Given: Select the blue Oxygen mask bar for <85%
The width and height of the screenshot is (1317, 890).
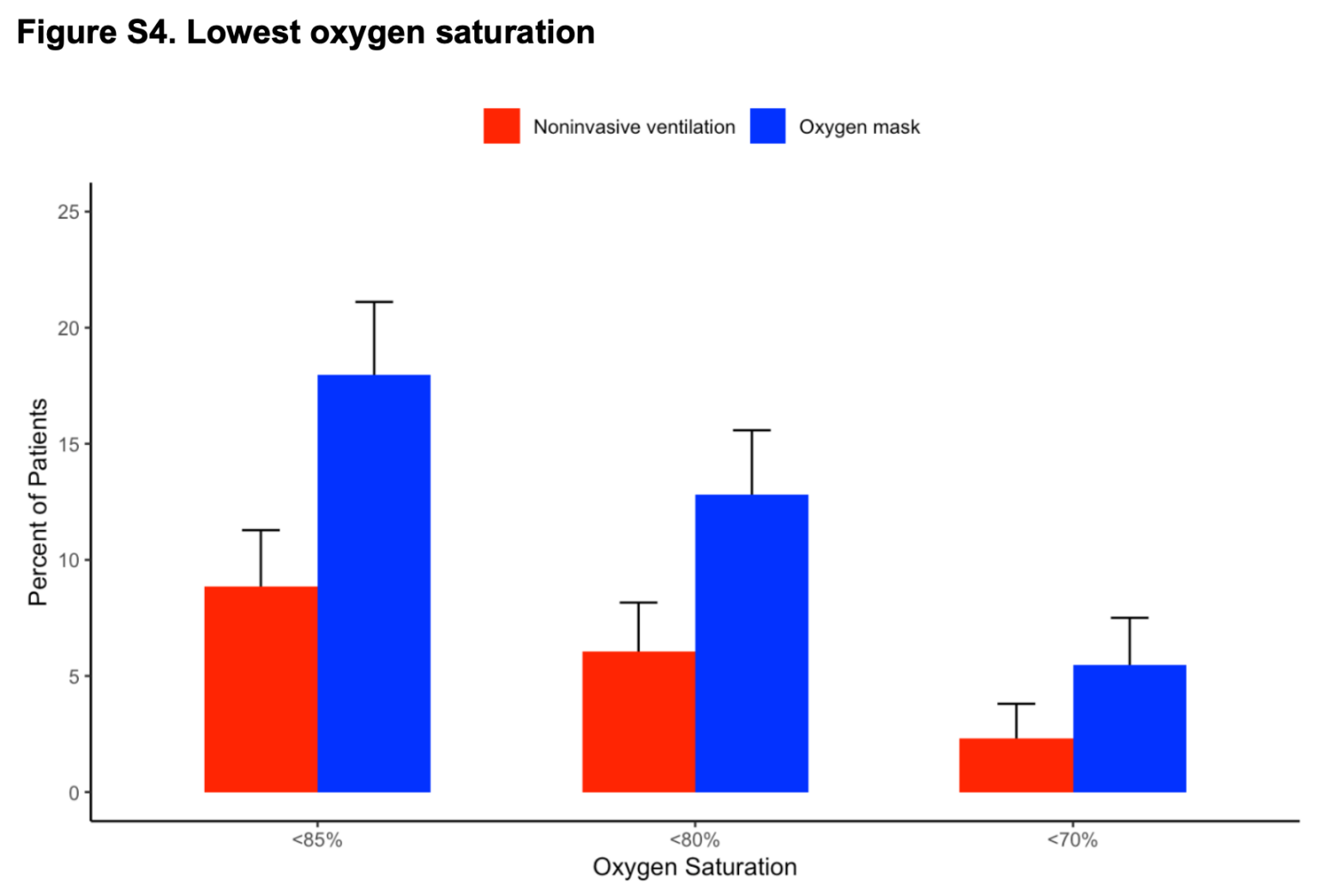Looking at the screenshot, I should [374, 583].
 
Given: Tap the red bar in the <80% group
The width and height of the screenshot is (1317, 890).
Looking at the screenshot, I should [639, 721].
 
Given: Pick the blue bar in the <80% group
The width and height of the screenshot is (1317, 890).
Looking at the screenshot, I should [752, 643].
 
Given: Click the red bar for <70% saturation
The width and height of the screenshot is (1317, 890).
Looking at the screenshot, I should [1016, 765].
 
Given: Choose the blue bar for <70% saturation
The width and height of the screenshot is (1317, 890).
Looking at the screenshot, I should [1129, 728].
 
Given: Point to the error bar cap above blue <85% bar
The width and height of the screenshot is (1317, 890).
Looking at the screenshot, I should [374, 302].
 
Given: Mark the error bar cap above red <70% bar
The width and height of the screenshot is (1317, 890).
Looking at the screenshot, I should [1016, 704].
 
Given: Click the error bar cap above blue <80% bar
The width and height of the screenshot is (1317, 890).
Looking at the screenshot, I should [752, 430].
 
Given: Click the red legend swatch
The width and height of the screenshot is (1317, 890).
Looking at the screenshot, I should [502, 126].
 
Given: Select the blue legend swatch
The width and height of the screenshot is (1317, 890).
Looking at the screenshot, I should [767, 126].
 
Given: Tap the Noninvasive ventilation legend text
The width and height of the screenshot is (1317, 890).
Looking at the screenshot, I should [634, 127].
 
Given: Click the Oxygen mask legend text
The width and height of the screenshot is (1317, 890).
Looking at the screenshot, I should [859, 127].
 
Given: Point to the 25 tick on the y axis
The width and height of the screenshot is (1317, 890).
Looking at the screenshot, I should [69, 212].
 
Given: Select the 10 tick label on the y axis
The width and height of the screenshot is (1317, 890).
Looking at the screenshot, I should [69, 561].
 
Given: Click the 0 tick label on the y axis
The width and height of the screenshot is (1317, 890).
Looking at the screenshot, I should [74, 793].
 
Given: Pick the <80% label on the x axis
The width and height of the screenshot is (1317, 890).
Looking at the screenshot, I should [695, 840].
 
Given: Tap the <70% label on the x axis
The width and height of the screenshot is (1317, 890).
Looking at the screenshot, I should [1072, 840].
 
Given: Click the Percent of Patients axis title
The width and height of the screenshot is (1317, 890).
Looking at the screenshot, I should [38, 502].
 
